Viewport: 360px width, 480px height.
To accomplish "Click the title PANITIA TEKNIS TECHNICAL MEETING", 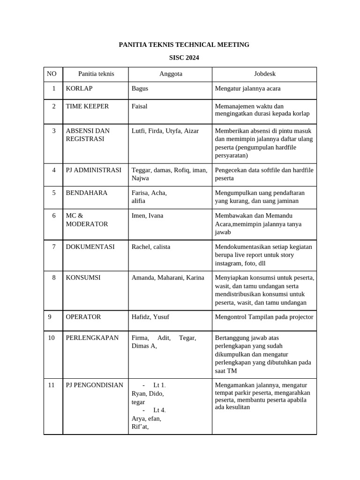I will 184,45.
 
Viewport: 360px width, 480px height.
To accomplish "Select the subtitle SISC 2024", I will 184,58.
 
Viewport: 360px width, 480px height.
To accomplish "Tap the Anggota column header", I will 171,74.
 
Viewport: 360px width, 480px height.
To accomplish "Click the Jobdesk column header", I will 264,74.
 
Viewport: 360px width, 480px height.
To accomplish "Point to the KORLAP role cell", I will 79,89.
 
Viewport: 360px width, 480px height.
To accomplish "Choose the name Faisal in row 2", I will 139,106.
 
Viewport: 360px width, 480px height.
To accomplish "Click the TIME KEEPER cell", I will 87,106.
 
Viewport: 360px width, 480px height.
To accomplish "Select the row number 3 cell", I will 53,131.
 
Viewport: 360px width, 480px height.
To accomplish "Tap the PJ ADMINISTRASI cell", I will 93,170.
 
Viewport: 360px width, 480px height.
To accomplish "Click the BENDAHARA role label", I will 87,193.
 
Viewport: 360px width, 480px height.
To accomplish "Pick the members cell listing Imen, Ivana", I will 147,216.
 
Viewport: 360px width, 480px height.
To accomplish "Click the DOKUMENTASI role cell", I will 90,247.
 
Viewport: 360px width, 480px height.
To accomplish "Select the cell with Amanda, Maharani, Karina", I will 168,278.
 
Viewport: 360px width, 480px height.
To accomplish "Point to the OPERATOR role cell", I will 83,317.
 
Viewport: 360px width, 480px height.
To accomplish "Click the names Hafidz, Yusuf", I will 150,317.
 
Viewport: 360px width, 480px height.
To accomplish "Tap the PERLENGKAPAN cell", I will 92,338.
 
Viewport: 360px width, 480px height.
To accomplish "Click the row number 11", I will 52,385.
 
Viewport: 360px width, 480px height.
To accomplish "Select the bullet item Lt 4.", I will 159,411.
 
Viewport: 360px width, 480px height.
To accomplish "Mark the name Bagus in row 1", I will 140,89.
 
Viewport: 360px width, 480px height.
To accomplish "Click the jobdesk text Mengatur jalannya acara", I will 247,89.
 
